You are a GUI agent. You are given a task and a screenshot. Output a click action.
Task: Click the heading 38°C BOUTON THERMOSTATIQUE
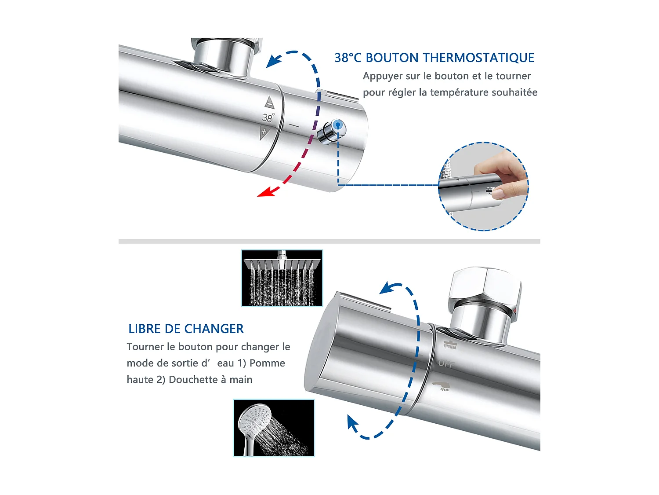tap(434, 58)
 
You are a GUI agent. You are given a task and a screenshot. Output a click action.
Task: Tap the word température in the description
tap(459, 92)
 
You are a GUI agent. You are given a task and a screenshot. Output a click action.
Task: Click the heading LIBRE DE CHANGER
tap(186, 329)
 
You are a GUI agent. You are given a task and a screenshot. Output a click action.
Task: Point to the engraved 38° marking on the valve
tap(268, 117)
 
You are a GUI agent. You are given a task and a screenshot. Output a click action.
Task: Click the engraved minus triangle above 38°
tap(270, 103)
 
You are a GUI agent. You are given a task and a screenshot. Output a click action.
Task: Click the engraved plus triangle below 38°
tap(264, 134)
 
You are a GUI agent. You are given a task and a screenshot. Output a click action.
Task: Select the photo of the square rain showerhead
tap(282, 278)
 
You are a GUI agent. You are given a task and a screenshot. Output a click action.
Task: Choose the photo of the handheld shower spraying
tap(274, 428)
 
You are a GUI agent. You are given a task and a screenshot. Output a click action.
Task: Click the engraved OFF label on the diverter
tap(446, 364)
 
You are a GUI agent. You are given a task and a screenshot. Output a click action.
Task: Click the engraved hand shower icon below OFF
tap(441, 386)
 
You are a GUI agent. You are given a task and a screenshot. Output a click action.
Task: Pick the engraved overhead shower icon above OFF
tap(450, 345)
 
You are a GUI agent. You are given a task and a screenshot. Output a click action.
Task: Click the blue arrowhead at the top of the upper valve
tap(274, 61)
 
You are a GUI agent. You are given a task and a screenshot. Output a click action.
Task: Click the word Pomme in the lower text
tap(267, 363)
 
